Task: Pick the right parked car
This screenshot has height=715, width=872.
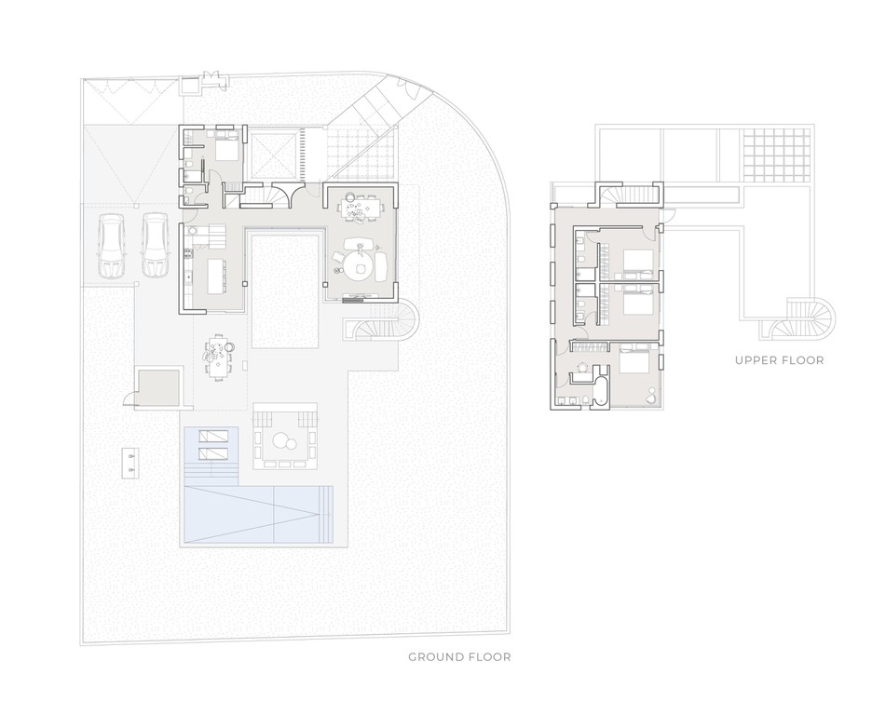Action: [156, 246]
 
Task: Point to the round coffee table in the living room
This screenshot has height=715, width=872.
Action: [359, 269]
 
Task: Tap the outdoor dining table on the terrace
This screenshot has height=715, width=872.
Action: [217, 357]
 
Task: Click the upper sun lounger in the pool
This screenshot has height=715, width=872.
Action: [213, 435]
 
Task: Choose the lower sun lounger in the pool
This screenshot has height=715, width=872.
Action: [213, 452]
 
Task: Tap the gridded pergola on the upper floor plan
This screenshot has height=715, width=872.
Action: [775, 155]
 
